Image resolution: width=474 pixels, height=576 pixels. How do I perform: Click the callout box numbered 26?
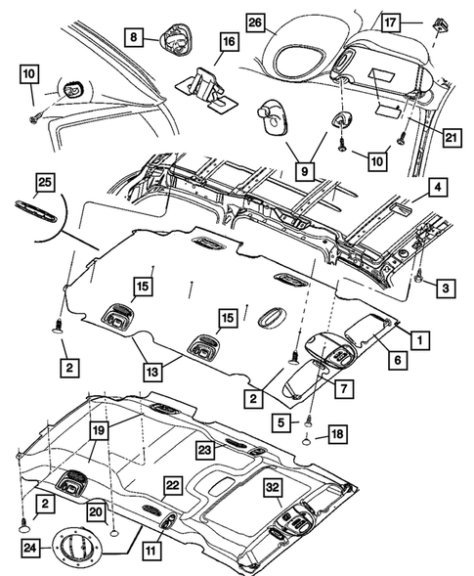(255, 22)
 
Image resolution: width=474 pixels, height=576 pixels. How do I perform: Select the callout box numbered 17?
(390, 22)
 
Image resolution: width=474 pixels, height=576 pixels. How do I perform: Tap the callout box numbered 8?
(134, 37)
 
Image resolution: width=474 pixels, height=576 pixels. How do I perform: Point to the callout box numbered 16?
(229, 41)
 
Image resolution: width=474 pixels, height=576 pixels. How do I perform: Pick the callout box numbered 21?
(452, 138)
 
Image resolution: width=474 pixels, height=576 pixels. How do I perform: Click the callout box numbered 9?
(305, 171)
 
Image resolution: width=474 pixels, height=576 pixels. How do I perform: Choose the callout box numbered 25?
(45, 182)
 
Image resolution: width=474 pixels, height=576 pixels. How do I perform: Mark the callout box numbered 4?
(438, 188)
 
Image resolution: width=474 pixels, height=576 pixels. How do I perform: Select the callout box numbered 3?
(446, 288)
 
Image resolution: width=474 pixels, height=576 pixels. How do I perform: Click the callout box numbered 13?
(152, 372)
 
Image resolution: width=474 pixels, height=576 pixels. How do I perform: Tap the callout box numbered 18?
(337, 434)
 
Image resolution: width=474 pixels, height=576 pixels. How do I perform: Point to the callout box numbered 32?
(273, 487)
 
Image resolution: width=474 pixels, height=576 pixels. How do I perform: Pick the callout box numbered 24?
(30, 548)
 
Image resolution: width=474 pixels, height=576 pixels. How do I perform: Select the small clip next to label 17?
(442, 25)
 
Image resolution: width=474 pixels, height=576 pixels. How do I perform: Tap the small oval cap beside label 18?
(307, 440)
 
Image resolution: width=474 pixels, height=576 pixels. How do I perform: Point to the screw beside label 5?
(309, 421)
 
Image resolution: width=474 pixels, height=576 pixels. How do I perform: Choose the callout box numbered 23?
(205, 449)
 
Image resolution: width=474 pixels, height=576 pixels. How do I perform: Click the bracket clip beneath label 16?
(207, 90)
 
